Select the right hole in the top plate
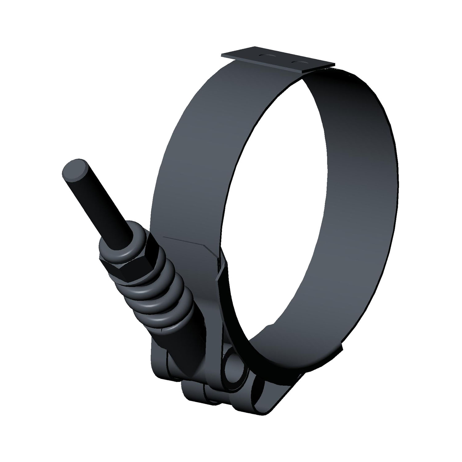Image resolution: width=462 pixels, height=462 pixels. pyautogui.click(x=298, y=63)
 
